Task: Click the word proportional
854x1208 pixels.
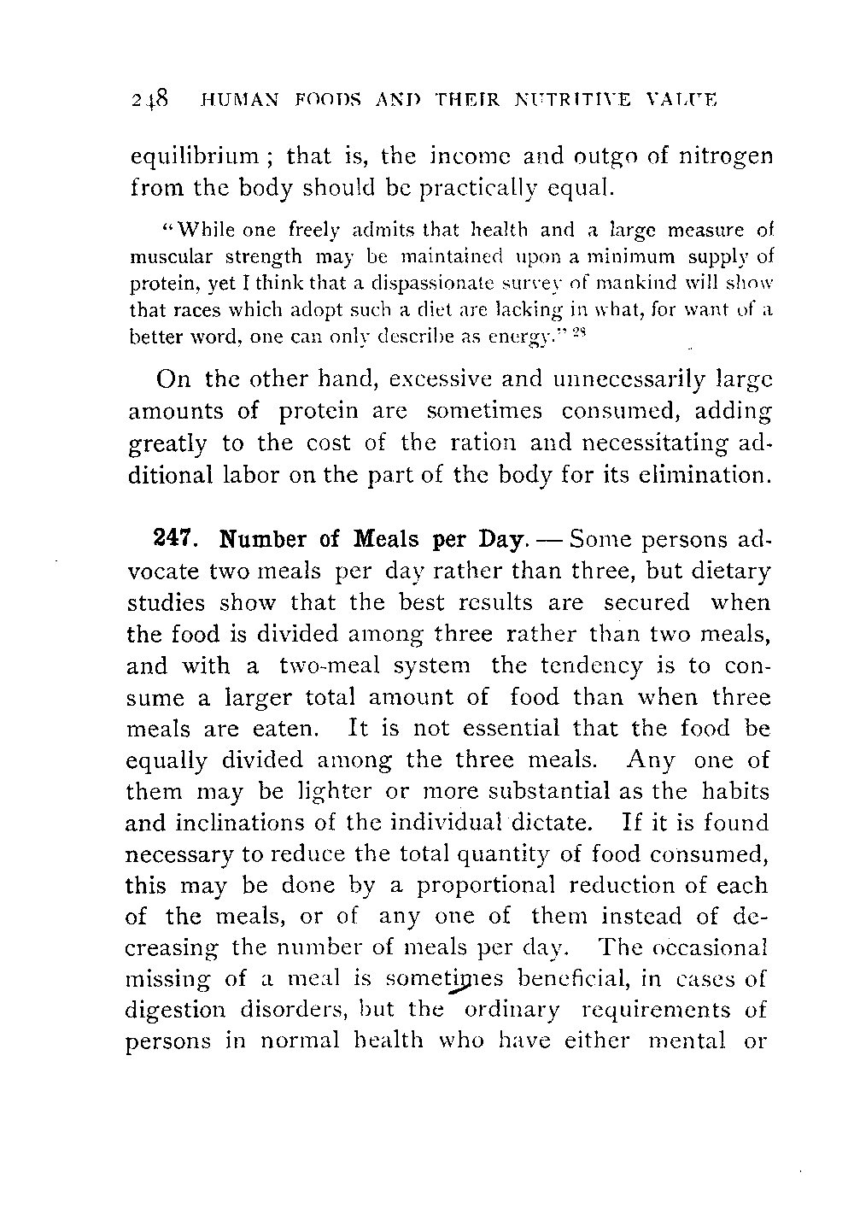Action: point(485,885)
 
